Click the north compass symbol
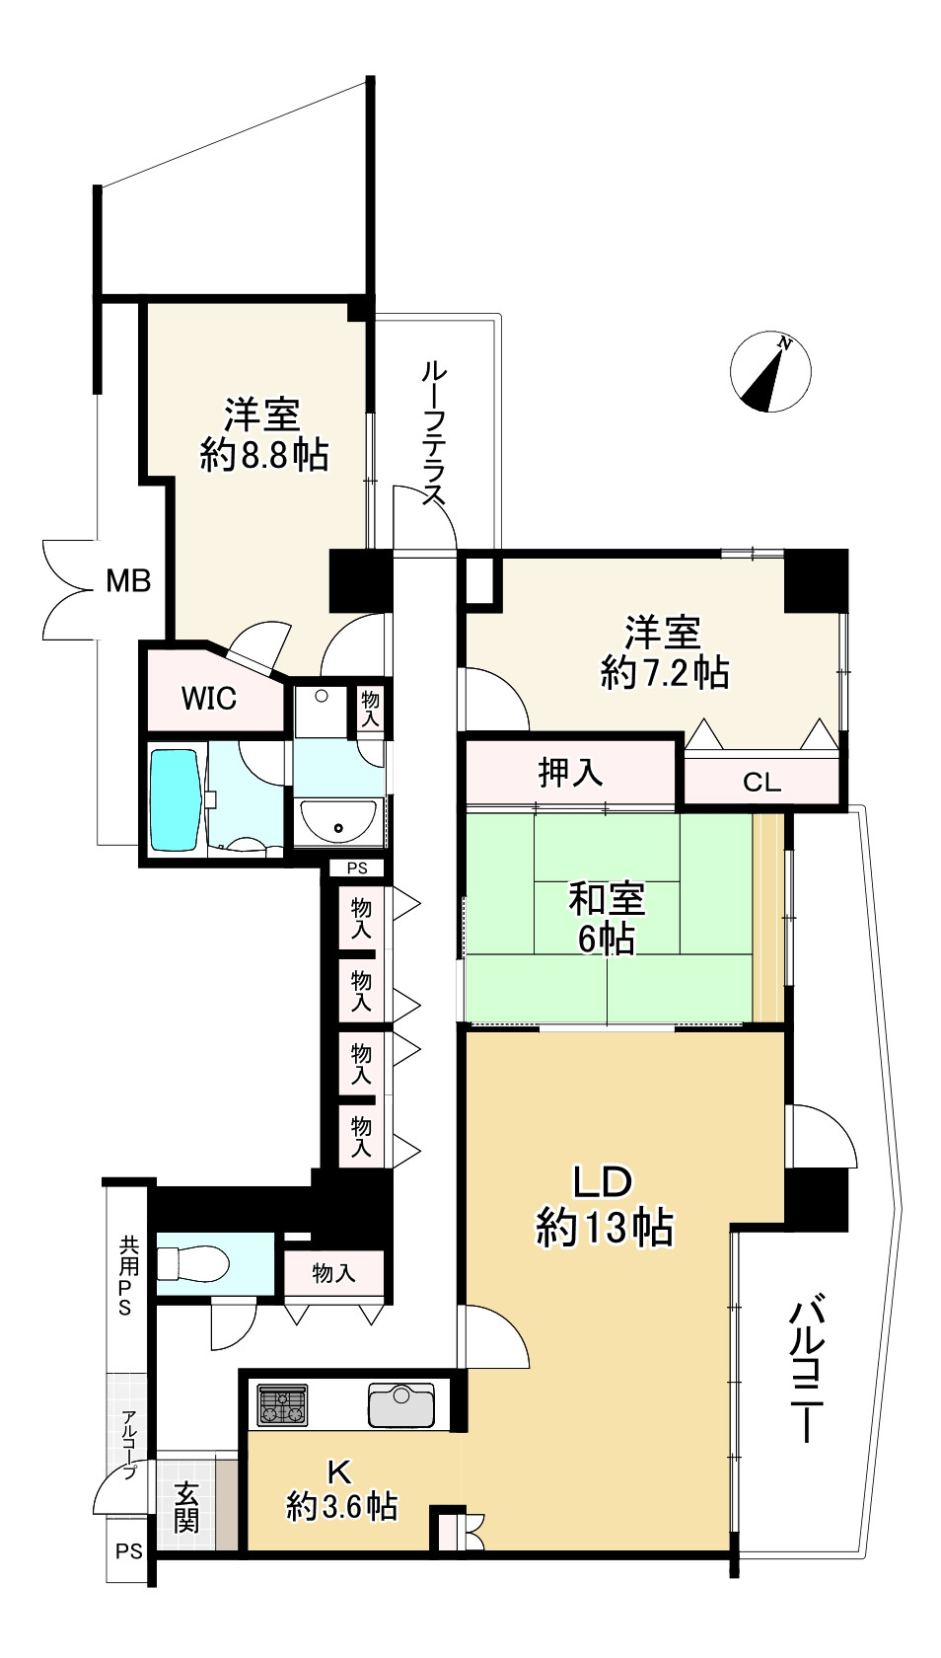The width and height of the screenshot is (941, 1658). (x=770, y=374)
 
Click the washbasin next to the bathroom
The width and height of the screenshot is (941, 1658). (x=338, y=820)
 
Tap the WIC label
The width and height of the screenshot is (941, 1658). (x=208, y=699)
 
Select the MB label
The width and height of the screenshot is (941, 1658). (x=128, y=581)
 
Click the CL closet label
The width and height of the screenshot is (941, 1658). (x=761, y=784)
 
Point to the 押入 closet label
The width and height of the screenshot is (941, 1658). (x=571, y=772)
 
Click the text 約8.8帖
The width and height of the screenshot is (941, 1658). (x=263, y=454)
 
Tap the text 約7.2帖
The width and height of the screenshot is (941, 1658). (x=665, y=673)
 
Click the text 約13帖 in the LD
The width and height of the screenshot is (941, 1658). (x=604, y=1228)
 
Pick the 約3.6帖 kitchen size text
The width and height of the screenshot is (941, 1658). (x=341, y=1506)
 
